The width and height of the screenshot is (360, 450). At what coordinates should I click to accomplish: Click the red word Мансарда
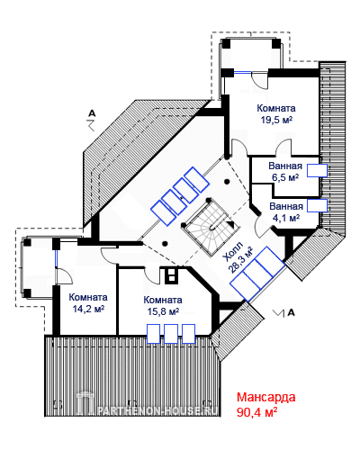tap(266, 397)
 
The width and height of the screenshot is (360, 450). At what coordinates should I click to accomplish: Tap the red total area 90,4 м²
tap(256, 412)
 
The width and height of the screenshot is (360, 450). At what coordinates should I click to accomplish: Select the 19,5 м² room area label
tap(276, 120)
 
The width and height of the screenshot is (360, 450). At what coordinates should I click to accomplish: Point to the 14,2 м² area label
tap(88, 309)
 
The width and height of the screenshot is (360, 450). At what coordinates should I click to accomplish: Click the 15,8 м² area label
tap(163, 311)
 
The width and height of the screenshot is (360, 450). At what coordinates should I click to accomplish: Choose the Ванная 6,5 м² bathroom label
tap(285, 171)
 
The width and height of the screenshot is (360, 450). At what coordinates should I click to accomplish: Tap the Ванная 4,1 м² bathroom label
tap(286, 212)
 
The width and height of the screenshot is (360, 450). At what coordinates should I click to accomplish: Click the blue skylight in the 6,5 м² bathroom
tap(317, 170)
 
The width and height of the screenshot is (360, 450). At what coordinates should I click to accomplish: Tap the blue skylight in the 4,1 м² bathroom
tap(317, 206)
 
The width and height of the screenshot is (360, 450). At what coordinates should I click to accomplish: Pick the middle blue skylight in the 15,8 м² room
tap(171, 334)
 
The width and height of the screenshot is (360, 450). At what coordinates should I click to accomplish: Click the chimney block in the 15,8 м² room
tap(172, 275)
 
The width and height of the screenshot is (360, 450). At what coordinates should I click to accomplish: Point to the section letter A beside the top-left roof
tap(92, 113)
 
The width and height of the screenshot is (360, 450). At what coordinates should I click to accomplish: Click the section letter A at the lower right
tap(291, 312)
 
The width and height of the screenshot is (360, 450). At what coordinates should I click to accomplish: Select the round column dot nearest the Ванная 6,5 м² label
tap(228, 182)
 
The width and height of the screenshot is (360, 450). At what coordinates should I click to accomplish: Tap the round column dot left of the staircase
tap(165, 243)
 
